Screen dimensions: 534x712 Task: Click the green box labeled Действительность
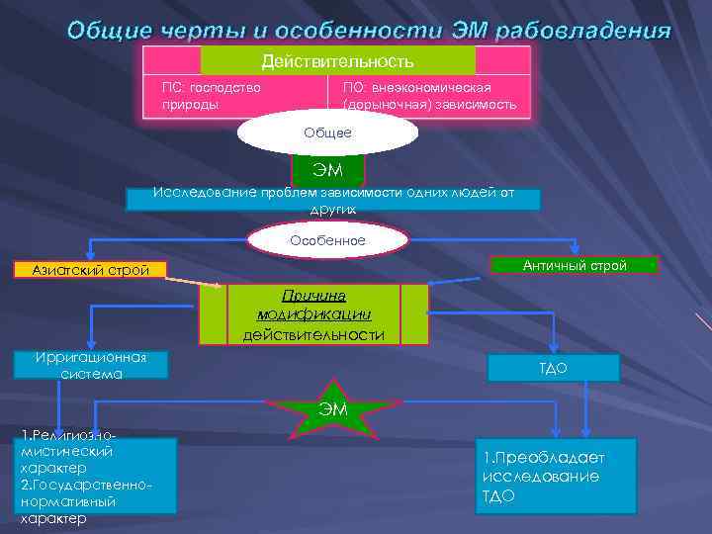point(337,60)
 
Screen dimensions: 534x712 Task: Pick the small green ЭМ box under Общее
point(327,171)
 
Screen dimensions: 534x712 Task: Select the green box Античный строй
point(574,265)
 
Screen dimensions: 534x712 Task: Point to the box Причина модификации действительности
point(313,314)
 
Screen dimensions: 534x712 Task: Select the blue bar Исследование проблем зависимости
point(333,198)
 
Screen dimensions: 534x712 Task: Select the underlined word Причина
point(312,296)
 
